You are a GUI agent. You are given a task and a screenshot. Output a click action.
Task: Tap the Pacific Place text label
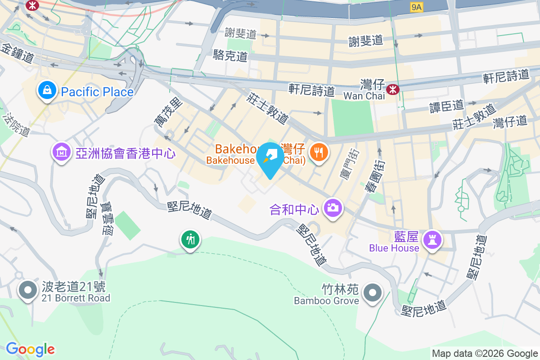point(97,92)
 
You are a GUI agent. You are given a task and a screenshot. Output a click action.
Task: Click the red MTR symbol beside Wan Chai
point(393,90)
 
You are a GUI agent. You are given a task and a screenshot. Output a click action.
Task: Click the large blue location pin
point(270,160)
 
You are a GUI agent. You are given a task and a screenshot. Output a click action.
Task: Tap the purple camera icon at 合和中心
point(333,207)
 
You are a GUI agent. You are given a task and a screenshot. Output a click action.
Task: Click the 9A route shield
point(417,7)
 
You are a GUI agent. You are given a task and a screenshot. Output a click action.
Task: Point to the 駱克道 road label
point(230,56)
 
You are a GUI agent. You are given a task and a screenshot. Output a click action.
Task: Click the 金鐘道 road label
point(18,54)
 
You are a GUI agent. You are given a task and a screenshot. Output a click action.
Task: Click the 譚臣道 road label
point(446,106)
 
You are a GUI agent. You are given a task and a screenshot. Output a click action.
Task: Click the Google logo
point(30,349)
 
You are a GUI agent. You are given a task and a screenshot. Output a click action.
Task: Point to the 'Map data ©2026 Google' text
point(485,354)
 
